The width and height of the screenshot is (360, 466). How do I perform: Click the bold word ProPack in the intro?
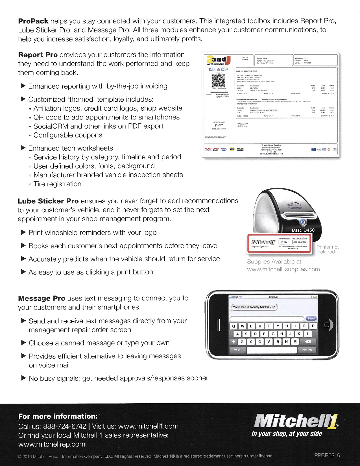pos(33,21)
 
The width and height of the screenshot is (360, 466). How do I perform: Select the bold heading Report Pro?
pos(38,55)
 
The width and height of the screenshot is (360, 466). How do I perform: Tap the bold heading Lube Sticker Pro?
pos(48,201)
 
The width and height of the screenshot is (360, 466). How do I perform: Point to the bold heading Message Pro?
pos(42,299)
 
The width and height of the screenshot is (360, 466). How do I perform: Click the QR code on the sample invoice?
pos(218,81)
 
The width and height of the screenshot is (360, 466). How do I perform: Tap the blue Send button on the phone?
pos(311,318)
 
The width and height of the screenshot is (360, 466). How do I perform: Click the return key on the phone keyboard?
pos(307,350)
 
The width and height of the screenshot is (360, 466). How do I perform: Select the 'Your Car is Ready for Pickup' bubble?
pos(254,307)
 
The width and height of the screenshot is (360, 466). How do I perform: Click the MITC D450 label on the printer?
pos(303,230)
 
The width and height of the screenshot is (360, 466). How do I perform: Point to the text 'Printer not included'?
pos(327,249)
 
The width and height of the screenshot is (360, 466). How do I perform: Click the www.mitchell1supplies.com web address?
pos(283,269)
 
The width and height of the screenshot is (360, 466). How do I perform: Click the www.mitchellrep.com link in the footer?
pos(52,444)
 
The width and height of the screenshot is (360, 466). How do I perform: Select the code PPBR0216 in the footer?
pos(327,455)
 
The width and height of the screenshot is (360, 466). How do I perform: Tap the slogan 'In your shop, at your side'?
pos(287,434)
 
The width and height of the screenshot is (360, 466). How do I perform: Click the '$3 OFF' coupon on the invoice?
pos(219,125)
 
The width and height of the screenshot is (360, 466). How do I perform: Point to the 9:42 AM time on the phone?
pos(273,297)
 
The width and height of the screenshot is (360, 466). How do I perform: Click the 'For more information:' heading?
pos(58,416)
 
